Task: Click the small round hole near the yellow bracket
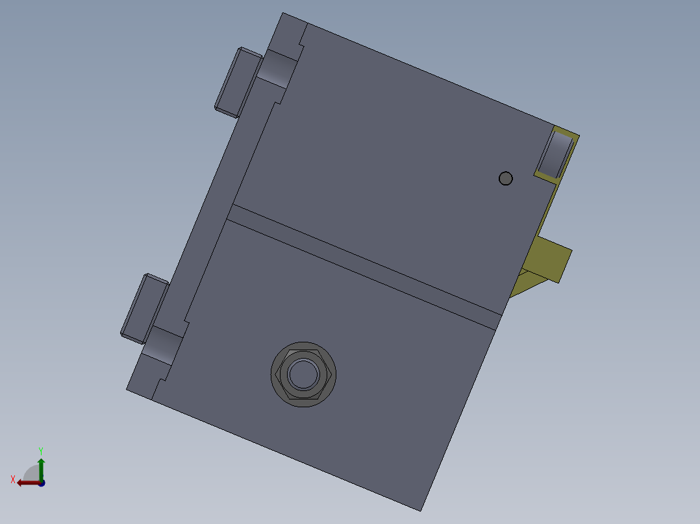pos(505,178)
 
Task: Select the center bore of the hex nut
pos(303,374)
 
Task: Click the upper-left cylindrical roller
pos(277,68)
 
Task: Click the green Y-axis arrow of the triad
pos(41,466)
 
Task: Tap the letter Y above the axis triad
pos(41,450)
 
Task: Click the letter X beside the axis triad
pos(13,479)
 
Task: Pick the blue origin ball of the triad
pos(42,482)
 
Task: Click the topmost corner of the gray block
pos(283,14)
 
